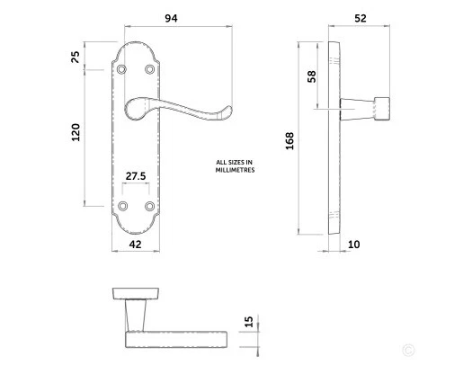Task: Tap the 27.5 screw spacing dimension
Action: click(x=136, y=177)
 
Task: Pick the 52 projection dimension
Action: click(x=361, y=18)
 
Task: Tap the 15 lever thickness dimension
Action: click(x=250, y=323)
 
